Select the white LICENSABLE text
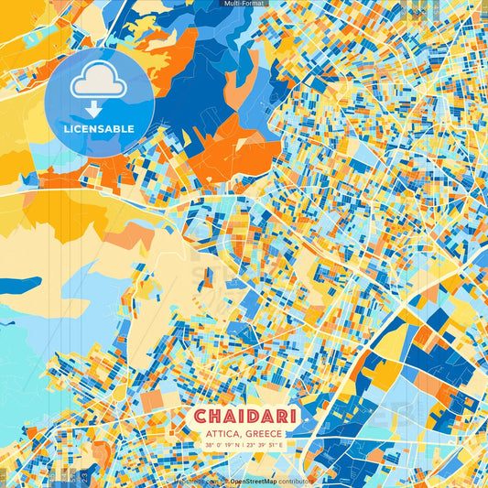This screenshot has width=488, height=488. tap(99, 129)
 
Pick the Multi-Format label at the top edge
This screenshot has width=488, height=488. tap(244, 3)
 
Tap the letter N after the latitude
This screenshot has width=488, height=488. tap(240, 446)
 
